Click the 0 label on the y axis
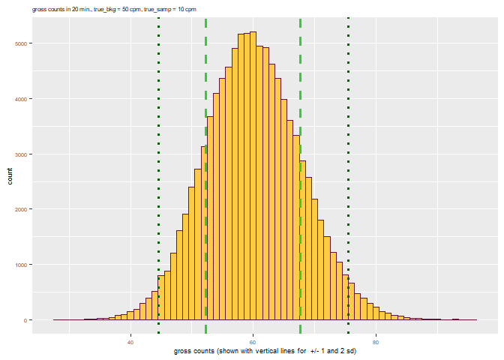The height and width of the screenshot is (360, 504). click(x=25, y=320)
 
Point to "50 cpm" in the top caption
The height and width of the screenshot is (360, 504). click(x=133, y=10)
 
